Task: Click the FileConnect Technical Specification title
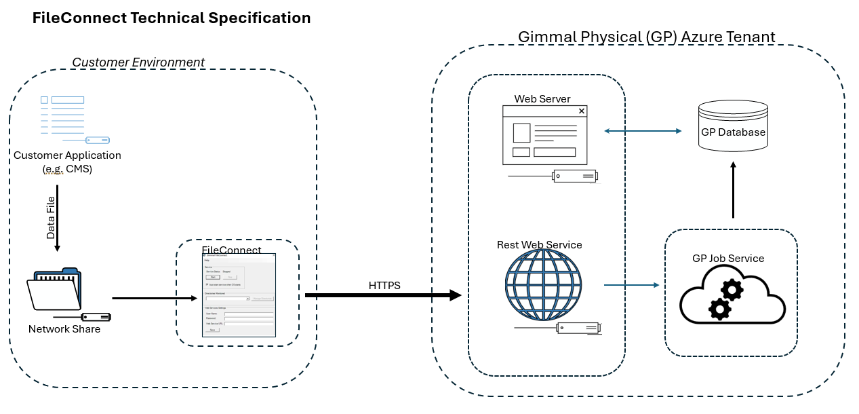[x=172, y=18]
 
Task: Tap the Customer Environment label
[x=138, y=62]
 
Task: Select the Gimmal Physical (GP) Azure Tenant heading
[x=646, y=37]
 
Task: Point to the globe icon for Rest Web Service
[x=544, y=284]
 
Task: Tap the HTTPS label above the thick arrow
[x=384, y=286]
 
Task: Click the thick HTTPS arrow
[x=383, y=295]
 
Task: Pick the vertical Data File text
[x=51, y=218]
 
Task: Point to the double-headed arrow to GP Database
[x=643, y=131]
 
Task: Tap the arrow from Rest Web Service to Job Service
[x=631, y=285]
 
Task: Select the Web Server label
[x=542, y=99]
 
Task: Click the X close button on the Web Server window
[x=581, y=111]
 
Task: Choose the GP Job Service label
[x=727, y=259]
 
